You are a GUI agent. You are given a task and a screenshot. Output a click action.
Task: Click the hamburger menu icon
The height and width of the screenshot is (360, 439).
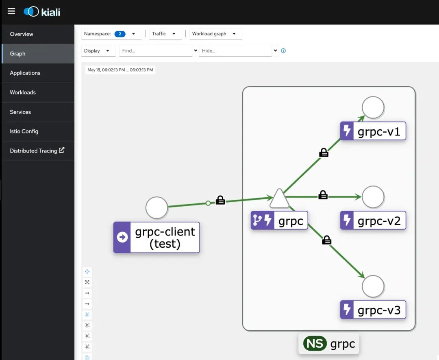11,11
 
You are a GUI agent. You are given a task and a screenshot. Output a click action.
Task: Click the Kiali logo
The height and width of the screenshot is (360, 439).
42,12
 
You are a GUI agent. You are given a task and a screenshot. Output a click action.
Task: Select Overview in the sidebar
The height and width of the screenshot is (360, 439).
22,34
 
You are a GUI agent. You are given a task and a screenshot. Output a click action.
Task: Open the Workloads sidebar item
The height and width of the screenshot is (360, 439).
23,92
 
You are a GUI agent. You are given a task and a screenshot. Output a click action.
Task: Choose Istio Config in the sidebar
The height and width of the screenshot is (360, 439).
24,131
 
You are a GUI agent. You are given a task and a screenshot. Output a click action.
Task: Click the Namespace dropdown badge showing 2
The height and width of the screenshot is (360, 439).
120,34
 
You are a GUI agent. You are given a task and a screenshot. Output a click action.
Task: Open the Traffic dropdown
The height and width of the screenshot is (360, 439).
163,34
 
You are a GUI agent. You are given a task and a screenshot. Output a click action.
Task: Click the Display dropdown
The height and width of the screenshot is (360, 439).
97,51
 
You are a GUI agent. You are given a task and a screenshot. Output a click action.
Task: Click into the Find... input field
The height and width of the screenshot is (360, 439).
155,51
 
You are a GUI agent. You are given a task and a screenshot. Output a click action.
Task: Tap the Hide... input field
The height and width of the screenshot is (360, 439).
235,51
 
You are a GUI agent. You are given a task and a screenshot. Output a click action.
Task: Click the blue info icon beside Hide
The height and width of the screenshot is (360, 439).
283,51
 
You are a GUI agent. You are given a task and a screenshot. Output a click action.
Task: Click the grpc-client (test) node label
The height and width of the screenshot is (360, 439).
156,238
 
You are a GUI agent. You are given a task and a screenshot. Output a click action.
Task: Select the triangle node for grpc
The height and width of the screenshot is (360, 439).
279,199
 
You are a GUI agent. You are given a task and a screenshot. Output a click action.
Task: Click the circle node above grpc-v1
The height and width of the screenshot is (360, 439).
373,107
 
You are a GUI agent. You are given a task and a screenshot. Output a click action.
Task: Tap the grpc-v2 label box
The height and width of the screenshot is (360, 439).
373,221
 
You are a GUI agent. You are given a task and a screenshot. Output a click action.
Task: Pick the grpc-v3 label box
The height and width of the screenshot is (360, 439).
373,310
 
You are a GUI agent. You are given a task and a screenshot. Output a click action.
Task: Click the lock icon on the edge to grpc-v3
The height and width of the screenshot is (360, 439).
326,240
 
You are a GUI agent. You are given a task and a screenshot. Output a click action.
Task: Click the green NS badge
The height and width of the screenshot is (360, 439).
315,344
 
